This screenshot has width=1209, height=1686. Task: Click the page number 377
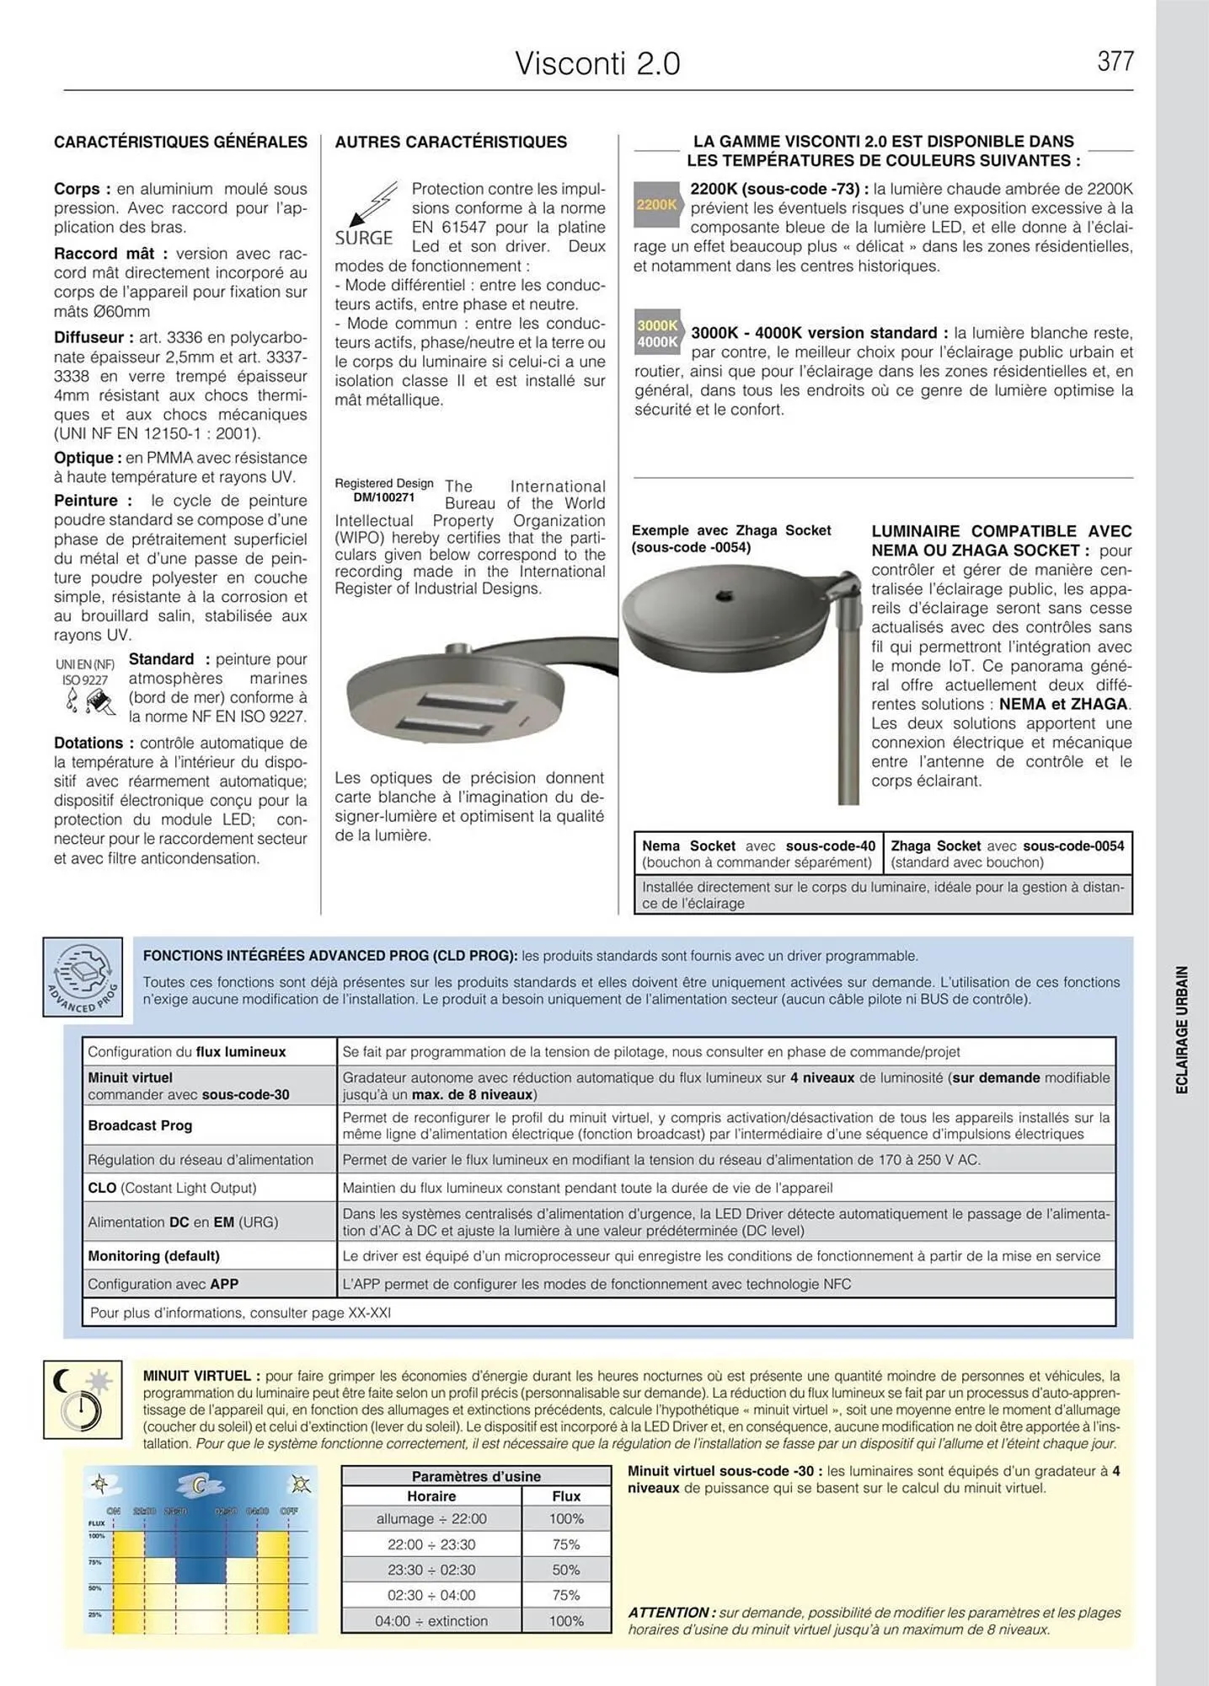(1115, 62)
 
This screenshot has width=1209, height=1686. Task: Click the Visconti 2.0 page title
(597, 64)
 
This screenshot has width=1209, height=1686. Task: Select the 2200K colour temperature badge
(656, 205)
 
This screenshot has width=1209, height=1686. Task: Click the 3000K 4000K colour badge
(657, 334)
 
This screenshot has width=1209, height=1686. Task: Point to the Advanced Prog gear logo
(83, 977)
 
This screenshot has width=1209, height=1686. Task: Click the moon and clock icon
(83, 1399)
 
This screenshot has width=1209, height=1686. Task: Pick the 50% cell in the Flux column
(566, 1570)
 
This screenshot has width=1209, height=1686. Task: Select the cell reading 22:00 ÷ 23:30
(431, 1544)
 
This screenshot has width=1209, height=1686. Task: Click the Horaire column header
(431, 1495)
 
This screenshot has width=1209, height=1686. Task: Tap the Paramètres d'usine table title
(476, 1476)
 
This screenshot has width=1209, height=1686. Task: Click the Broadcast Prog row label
(140, 1125)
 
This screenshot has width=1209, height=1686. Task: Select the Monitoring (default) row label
(153, 1255)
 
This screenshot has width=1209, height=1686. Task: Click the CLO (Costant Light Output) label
(172, 1188)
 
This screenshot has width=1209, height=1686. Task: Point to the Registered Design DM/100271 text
(383, 490)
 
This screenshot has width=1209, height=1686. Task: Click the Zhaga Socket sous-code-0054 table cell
(1007, 853)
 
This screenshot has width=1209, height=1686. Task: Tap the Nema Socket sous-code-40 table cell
(757, 853)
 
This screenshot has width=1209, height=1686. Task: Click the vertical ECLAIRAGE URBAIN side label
(1181, 1029)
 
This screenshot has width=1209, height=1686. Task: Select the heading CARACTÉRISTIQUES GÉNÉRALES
(180, 142)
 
